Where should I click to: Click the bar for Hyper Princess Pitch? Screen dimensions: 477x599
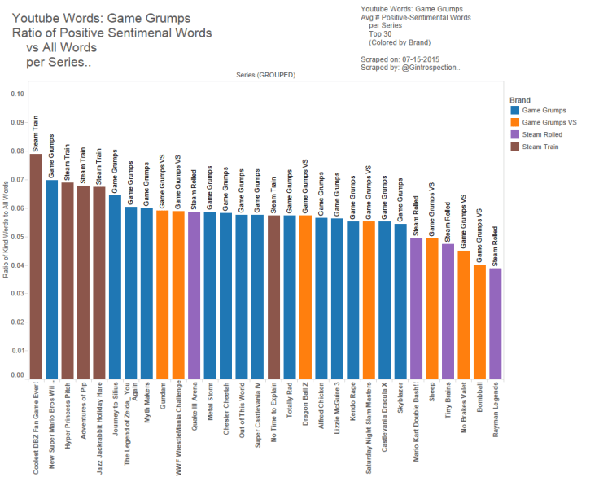pos(68,280)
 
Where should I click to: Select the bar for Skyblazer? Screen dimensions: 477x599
pos(400,300)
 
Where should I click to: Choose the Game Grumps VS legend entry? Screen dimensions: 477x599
pos(550,122)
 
